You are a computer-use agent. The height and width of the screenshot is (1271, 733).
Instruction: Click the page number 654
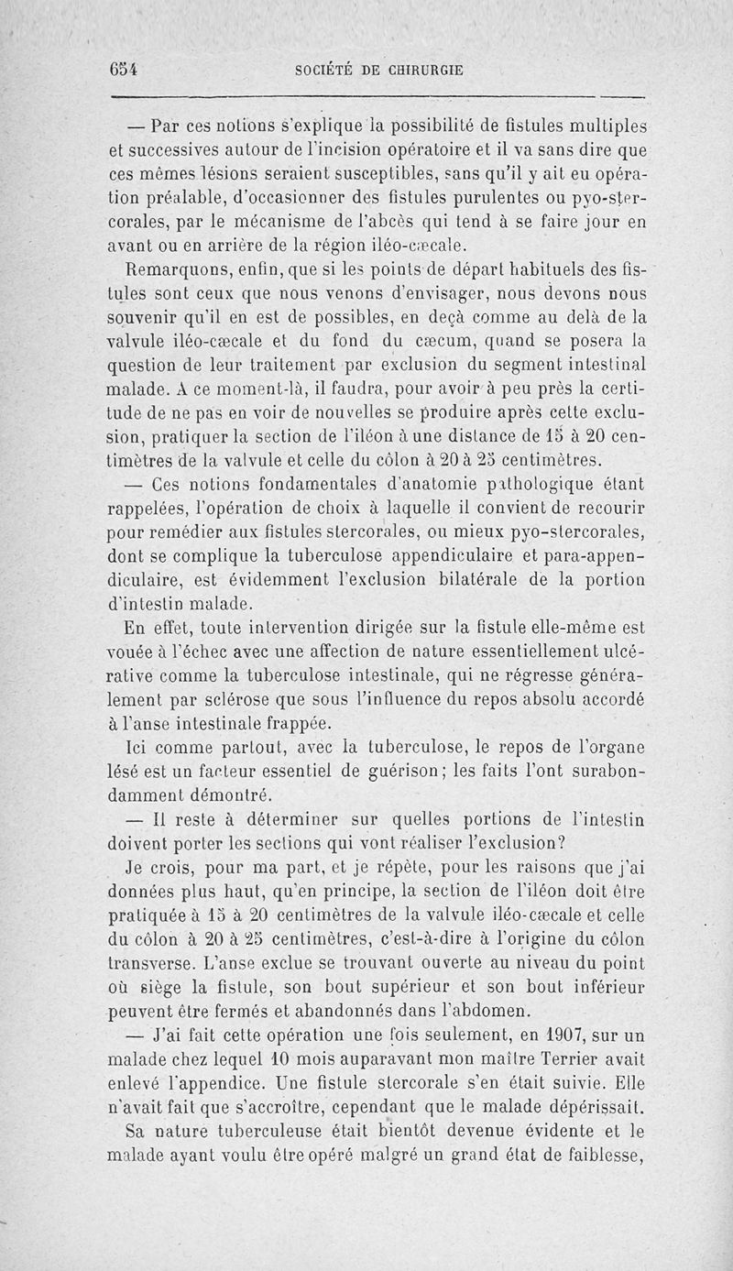click(124, 70)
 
